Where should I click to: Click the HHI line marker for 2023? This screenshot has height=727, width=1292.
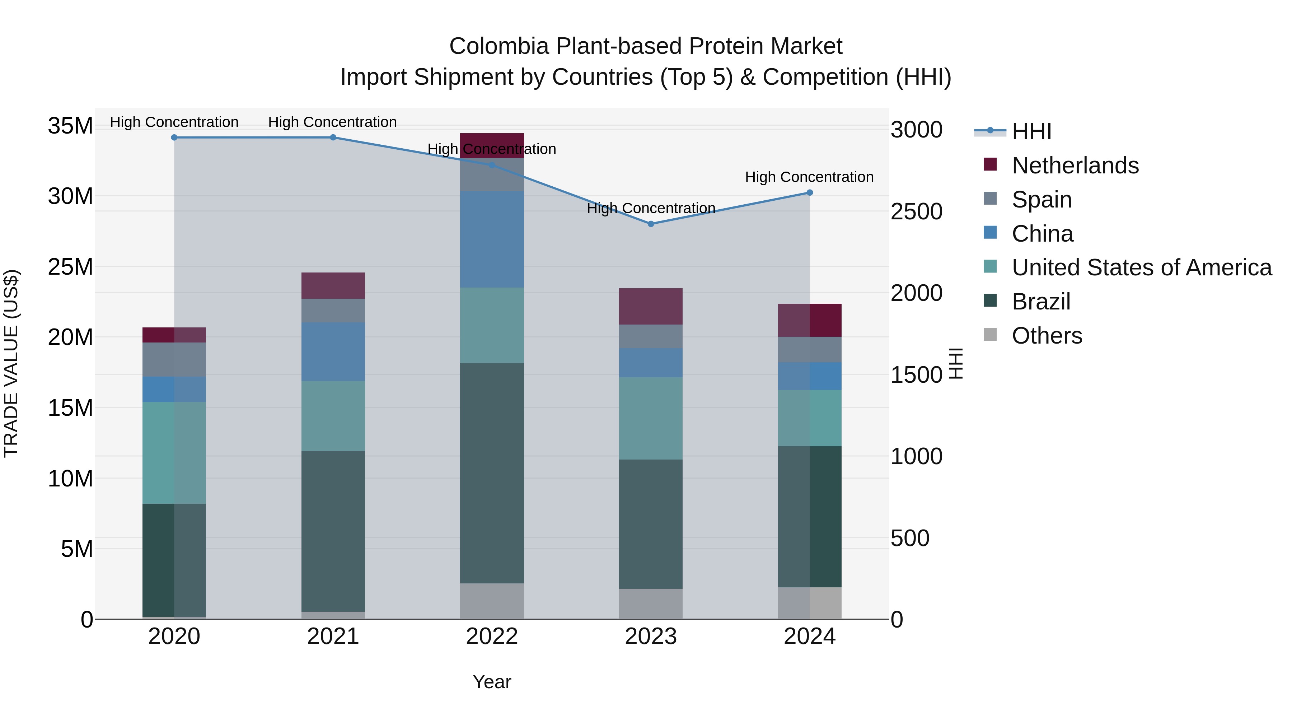click(x=651, y=224)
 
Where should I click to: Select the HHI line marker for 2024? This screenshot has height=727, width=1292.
click(x=810, y=193)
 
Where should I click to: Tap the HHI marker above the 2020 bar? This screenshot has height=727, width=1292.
click(x=174, y=138)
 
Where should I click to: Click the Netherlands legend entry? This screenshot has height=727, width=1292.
click(x=1075, y=166)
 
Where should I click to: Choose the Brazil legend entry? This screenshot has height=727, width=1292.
click(x=1041, y=302)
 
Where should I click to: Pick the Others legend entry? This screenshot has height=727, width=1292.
click(x=1047, y=336)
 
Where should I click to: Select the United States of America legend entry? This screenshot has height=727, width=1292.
click(x=1141, y=267)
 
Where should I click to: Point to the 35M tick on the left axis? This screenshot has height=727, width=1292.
click(x=70, y=125)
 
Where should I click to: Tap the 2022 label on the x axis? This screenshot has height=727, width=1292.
click(x=492, y=637)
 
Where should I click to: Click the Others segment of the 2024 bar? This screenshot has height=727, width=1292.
click(x=810, y=603)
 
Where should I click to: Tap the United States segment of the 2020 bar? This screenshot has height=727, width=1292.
click(x=174, y=453)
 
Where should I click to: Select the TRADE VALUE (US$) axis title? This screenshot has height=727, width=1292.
click(x=11, y=363)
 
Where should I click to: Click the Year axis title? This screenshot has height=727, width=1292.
click(x=492, y=682)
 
